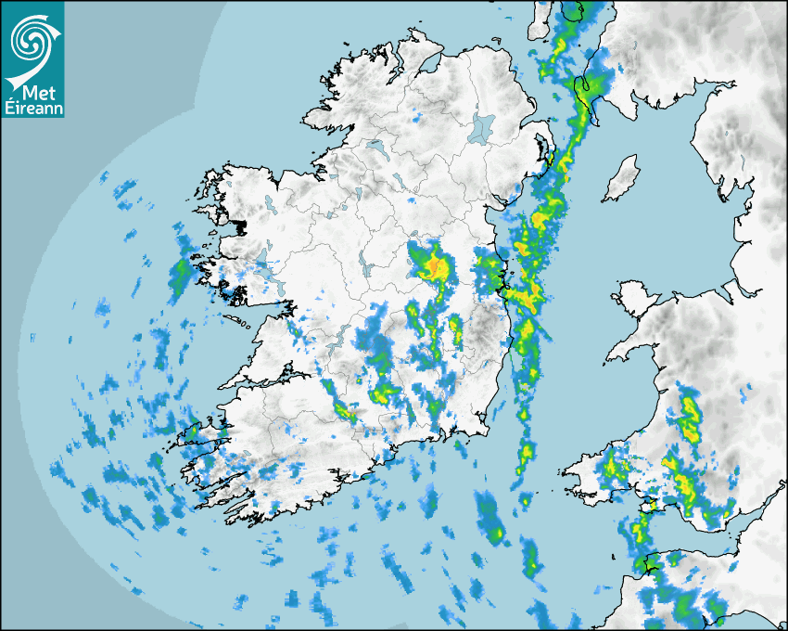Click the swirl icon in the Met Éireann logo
[32, 39]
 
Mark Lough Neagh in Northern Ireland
[481, 127]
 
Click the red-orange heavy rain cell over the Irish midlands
[432, 268]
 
